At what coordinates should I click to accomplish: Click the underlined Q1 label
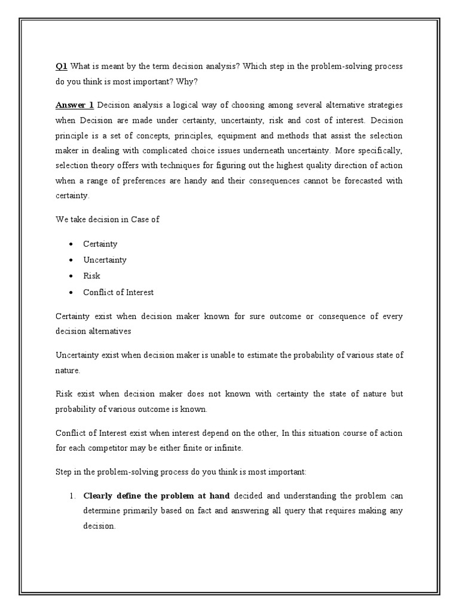tap(61, 66)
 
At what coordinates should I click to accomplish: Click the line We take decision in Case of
tap(108, 219)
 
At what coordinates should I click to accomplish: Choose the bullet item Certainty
tap(100, 244)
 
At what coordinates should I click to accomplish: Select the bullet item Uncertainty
tap(105, 260)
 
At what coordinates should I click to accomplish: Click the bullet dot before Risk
tap(71, 276)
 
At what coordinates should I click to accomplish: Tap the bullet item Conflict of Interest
tap(118, 292)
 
